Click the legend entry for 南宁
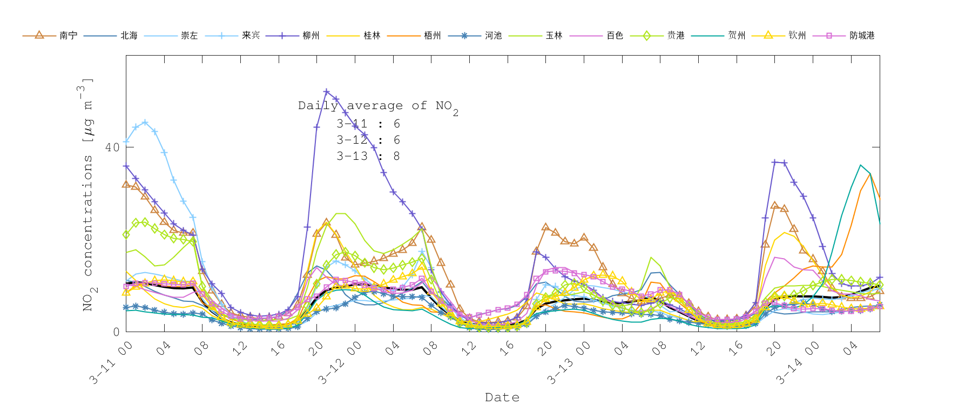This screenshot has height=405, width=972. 68,36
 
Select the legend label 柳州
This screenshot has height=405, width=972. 311,36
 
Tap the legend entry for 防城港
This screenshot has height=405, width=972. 862,36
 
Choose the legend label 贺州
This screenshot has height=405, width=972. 737,36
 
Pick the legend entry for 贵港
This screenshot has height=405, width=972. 676,36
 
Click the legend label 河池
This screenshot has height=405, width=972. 493,36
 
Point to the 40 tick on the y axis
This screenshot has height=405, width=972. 112,147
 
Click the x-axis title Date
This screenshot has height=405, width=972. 502,397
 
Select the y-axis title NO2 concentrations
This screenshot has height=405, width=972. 87,194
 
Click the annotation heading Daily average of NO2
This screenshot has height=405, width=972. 378,106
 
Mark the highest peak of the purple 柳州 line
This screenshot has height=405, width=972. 326,92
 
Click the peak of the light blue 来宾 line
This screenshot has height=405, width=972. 145,123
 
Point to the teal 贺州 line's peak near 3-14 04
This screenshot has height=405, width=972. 860,165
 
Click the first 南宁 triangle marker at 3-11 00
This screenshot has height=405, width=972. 126,185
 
